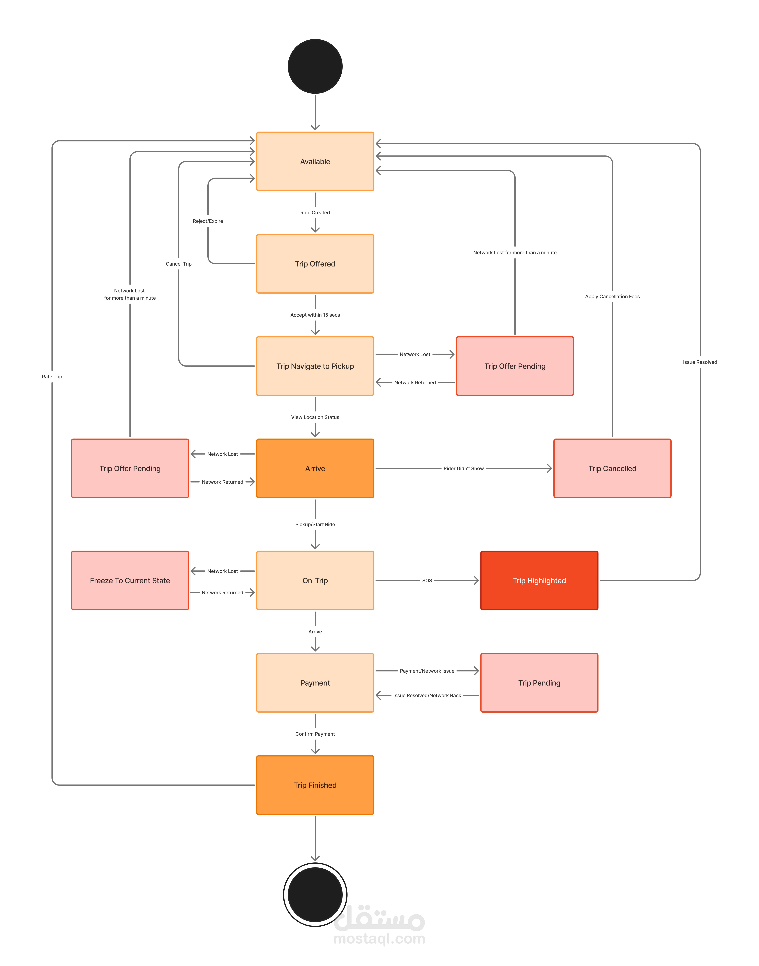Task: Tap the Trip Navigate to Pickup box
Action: (315, 366)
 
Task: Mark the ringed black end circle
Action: (315, 894)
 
